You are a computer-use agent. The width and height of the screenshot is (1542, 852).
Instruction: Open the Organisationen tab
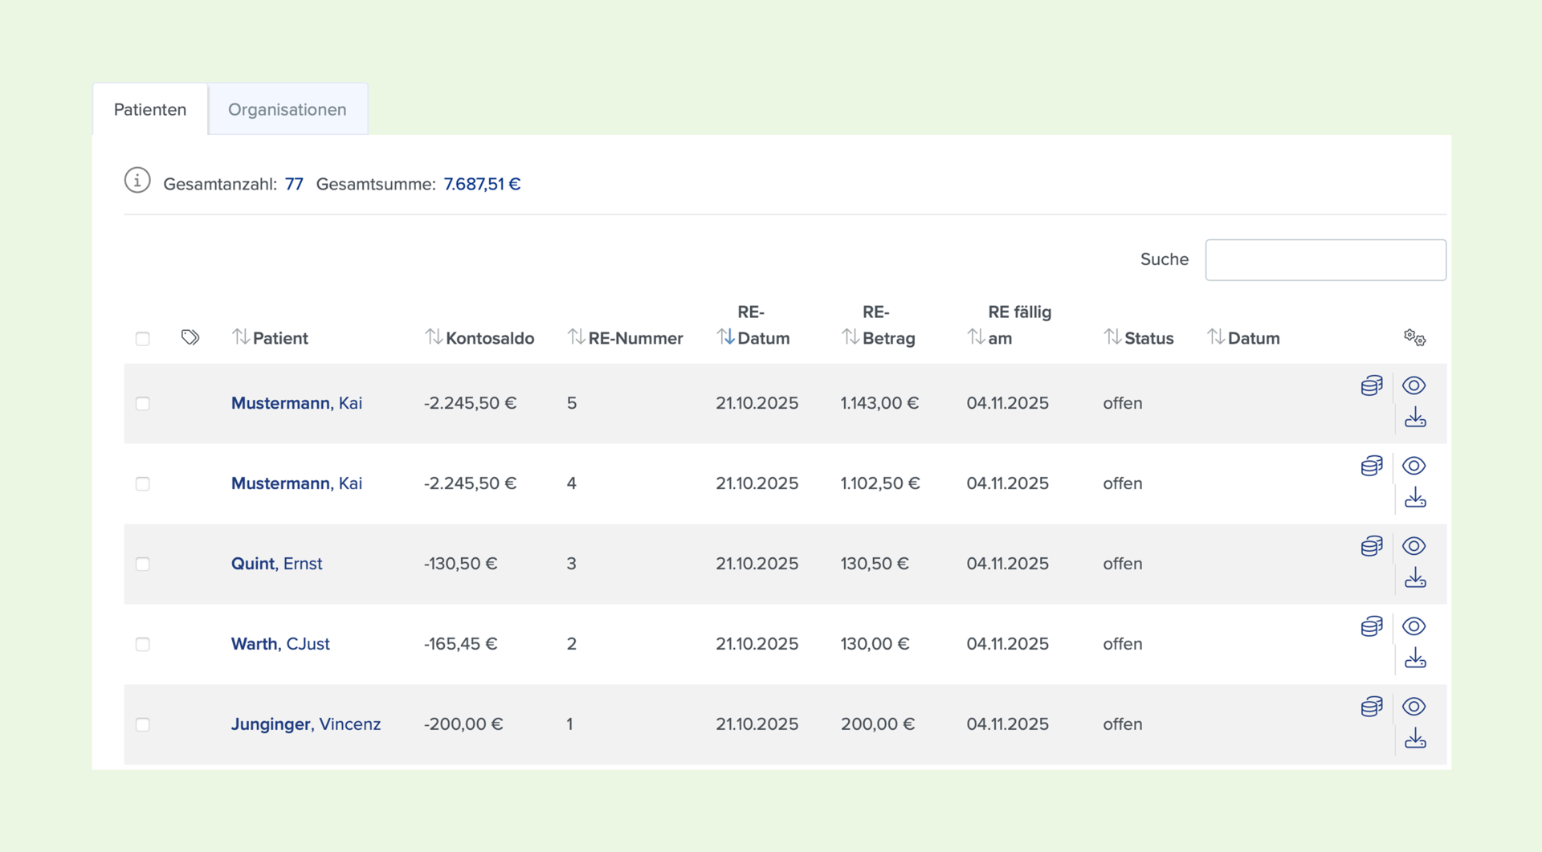tap(288, 109)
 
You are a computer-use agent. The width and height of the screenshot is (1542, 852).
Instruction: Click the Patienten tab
tap(150, 109)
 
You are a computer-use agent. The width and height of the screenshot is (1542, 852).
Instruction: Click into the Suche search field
tap(1325, 259)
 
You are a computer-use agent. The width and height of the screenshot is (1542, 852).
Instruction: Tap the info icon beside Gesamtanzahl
tap(137, 181)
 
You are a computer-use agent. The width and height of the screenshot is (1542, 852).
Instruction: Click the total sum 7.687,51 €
tap(482, 184)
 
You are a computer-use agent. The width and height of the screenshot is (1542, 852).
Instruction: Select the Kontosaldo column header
tap(479, 338)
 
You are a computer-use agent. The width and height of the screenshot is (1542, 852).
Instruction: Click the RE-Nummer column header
tap(626, 338)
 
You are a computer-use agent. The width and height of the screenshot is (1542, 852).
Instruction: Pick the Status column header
tap(1139, 338)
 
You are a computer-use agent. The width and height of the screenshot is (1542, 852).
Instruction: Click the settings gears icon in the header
tap(1414, 337)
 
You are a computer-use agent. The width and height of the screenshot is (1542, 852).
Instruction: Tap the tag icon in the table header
tap(190, 337)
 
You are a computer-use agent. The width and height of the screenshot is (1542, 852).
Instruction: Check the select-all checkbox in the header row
tap(143, 339)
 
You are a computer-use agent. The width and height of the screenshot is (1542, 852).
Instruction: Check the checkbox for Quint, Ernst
tap(143, 564)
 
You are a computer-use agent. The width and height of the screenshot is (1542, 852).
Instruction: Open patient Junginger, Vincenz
tap(306, 724)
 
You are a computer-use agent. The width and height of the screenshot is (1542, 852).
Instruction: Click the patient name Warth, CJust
tap(280, 644)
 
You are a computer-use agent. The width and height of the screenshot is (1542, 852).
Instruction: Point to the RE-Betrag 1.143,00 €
tap(879, 403)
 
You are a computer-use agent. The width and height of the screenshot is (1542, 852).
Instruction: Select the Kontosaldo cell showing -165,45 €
tap(461, 644)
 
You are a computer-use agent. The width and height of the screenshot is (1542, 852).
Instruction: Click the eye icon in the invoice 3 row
tap(1414, 546)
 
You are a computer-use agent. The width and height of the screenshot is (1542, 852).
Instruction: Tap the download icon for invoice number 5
tap(1415, 418)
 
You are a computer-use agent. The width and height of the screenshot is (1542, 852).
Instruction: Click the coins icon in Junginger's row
tap(1372, 707)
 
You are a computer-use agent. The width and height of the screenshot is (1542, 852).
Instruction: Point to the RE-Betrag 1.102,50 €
tap(880, 483)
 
